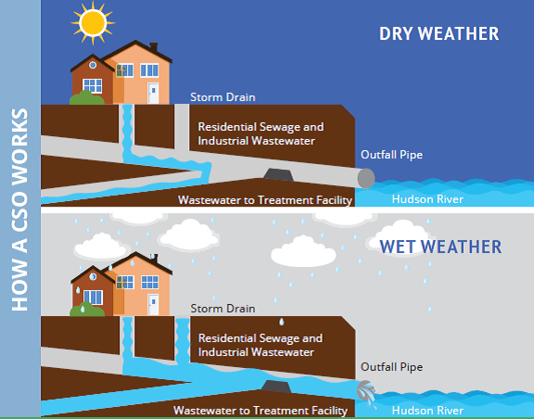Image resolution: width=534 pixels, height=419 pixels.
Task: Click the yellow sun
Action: [93, 23]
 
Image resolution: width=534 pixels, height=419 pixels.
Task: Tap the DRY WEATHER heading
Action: [439, 33]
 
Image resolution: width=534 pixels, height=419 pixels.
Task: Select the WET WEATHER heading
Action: [440, 247]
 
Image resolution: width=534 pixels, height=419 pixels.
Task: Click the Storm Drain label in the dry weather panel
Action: [222, 97]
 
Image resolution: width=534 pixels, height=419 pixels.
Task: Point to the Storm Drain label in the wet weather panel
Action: [222, 309]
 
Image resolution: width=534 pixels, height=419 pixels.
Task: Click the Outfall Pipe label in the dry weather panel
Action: [391, 155]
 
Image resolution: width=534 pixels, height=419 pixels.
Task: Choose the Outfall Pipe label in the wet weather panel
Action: [391, 367]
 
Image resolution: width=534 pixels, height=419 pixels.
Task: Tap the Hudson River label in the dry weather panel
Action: [427, 199]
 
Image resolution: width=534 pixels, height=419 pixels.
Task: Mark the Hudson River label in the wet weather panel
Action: [427, 410]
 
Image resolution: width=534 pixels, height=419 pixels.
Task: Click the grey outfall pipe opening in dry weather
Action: [366, 178]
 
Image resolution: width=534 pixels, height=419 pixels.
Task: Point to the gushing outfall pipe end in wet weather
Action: [366, 392]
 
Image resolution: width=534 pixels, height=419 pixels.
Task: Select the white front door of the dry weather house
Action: [153, 93]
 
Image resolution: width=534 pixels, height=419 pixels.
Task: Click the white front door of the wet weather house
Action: [153, 305]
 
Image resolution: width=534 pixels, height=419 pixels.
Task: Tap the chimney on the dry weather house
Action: [154, 47]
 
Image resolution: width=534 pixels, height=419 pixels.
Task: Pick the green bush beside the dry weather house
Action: [87, 97]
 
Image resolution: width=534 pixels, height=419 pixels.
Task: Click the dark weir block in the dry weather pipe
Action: [278, 174]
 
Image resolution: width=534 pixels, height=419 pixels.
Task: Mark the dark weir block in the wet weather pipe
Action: [276, 387]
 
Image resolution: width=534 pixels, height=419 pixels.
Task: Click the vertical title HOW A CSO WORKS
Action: [19, 209]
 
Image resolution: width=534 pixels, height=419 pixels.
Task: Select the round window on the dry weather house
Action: [93, 65]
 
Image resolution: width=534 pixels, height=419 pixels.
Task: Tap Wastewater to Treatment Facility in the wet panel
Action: [261, 411]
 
